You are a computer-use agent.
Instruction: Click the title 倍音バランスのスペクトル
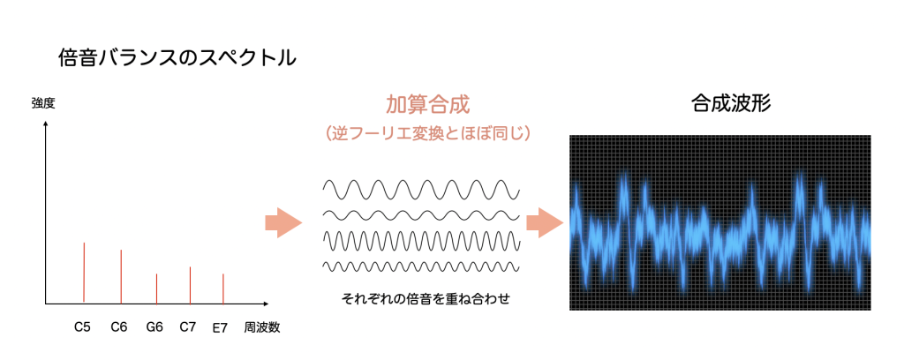(x=177, y=58)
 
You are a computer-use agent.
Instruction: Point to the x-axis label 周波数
(x=261, y=327)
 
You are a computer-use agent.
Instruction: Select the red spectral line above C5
(x=84, y=273)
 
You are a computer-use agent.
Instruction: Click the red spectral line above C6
(x=121, y=276)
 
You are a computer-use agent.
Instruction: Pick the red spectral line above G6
(x=156, y=289)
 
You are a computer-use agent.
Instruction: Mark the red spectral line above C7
(x=190, y=285)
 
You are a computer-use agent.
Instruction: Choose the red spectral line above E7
(x=223, y=289)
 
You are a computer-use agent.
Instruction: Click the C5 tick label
(x=82, y=327)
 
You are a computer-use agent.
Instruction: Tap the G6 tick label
(x=154, y=327)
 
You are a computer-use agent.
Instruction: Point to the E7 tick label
(x=220, y=328)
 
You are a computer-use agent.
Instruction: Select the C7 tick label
(x=188, y=327)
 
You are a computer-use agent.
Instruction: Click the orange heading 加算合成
(x=428, y=104)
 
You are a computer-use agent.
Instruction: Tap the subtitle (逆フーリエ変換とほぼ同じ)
(x=427, y=133)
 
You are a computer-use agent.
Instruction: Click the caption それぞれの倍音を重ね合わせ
(x=426, y=299)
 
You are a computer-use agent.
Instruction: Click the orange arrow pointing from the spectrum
(x=283, y=223)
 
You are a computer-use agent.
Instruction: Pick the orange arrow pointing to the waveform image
(x=545, y=223)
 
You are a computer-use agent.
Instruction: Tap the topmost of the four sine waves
(x=421, y=189)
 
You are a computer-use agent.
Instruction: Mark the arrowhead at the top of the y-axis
(x=46, y=123)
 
